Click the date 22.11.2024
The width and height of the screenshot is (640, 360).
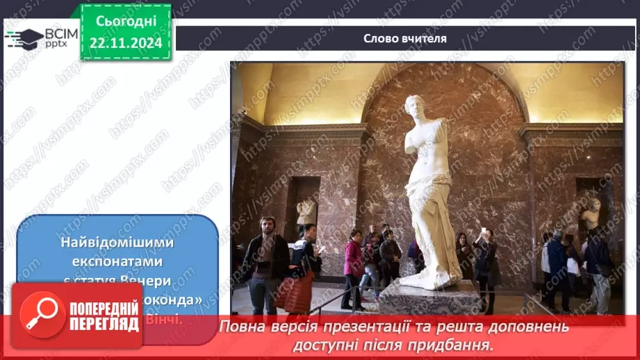click(126, 42)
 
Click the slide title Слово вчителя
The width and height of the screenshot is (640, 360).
click(405, 38)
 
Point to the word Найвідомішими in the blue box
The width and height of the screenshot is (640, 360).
click(117, 244)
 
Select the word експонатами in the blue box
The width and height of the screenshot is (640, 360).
click(117, 261)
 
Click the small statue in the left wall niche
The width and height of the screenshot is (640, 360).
click(306, 211)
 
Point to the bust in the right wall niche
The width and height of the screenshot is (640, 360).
click(591, 213)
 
